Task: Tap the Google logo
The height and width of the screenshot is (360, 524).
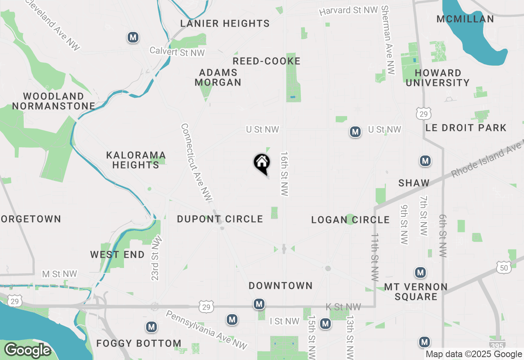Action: (27, 350)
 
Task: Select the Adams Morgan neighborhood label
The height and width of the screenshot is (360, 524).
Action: (218, 77)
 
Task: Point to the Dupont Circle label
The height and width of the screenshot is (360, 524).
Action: (220, 219)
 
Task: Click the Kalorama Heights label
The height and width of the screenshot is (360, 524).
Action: (136, 160)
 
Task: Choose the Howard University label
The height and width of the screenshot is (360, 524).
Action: (438, 78)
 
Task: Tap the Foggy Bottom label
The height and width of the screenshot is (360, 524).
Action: (139, 343)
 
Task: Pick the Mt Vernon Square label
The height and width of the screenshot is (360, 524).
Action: (416, 292)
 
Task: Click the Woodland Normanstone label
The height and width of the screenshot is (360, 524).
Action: (54, 101)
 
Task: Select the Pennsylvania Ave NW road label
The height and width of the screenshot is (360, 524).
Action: (206, 330)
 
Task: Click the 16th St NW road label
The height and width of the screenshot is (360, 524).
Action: (285, 174)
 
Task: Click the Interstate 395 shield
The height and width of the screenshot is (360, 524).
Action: (497, 345)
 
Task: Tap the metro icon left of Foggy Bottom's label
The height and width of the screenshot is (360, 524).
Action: (151, 327)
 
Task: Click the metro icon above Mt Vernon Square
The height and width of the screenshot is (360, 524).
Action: (420, 272)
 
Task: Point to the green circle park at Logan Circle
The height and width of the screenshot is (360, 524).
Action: (350, 219)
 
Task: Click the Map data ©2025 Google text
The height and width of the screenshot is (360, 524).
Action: (473, 354)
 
